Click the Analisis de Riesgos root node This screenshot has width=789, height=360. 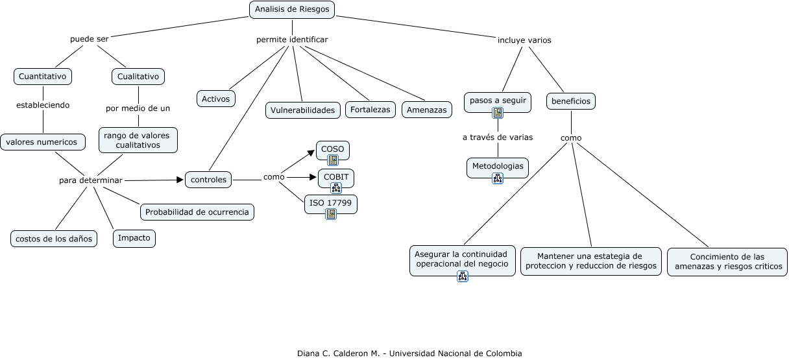click(292, 9)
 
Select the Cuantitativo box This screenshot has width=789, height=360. click(43, 77)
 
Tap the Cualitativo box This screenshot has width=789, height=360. click(138, 77)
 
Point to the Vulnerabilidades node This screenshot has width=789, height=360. click(303, 110)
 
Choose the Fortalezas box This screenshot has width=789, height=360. click(370, 110)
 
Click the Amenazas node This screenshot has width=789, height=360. click(426, 110)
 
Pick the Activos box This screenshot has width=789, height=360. click(216, 99)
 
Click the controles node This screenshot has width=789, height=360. click(209, 180)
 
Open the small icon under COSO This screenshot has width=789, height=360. click(333, 160)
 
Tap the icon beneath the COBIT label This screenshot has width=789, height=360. click(336, 187)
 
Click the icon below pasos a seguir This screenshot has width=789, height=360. click(498, 113)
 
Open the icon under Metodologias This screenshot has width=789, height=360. click(498, 178)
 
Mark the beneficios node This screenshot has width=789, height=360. click(571, 101)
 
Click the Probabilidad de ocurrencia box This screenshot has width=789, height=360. click(197, 212)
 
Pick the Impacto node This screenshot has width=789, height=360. click(134, 238)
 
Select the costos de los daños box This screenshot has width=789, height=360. click(54, 239)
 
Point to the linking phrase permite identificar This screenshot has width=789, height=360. click(292, 40)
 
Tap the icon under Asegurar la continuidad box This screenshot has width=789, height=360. click(463, 276)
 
